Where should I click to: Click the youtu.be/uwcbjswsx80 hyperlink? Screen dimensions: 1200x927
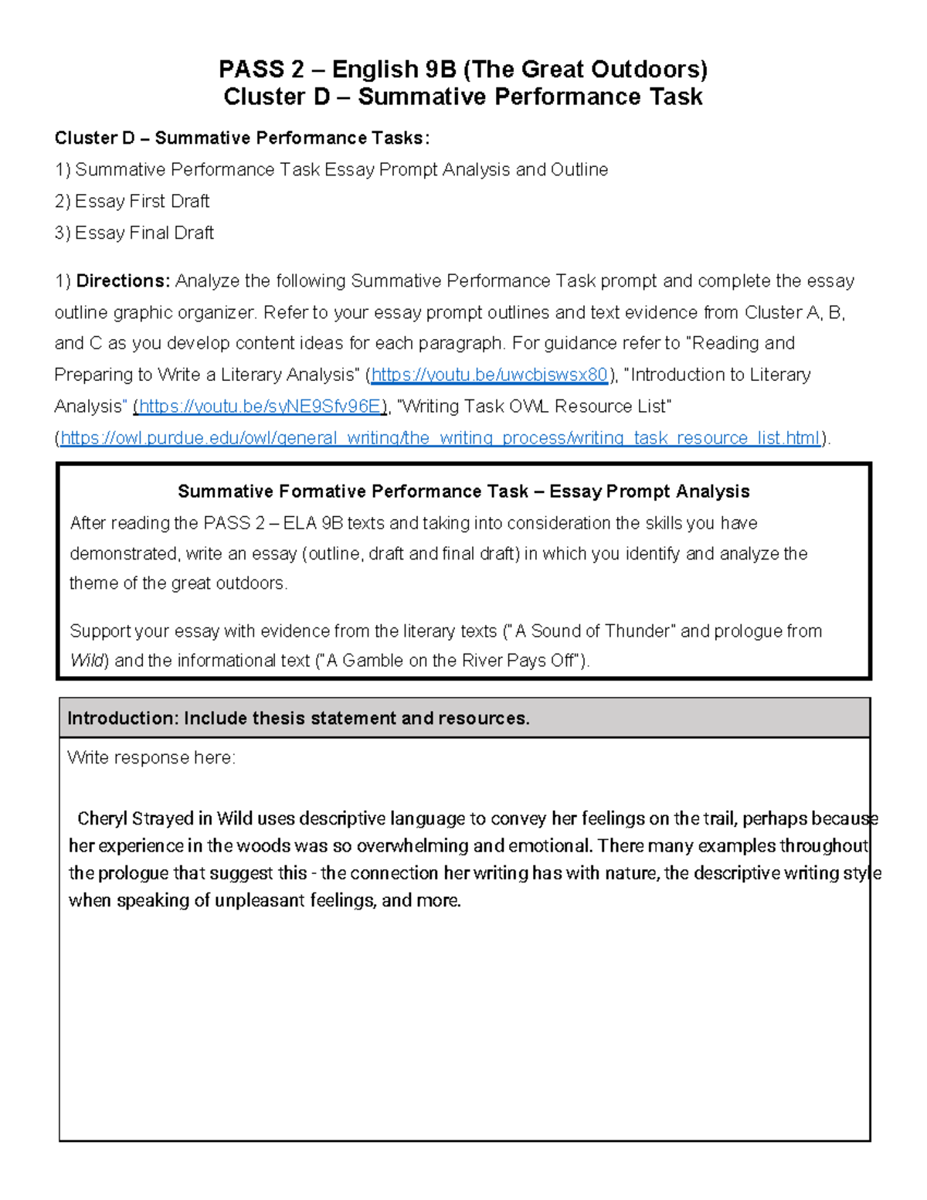pyautogui.click(x=489, y=376)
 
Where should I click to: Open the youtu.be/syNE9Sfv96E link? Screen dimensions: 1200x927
pyautogui.click(x=260, y=406)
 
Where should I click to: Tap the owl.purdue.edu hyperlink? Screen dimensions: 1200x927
pyautogui.click(x=440, y=438)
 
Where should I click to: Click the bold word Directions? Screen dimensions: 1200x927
pyautogui.click(x=123, y=281)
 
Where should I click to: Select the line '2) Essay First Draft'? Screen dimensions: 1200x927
pyautogui.click(x=132, y=202)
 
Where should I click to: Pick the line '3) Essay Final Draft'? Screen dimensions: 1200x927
pyautogui.click(x=134, y=233)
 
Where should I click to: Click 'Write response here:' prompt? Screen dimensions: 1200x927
pyautogui.click(x=151, y=758)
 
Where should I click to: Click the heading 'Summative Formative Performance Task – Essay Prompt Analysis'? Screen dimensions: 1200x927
pyautogui.click(x=463, y=492)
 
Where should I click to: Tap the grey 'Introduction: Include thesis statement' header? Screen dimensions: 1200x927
pyautogui.click(x=299, y=719)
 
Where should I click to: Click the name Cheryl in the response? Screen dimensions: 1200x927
pyautogui.click(x=103, y=819)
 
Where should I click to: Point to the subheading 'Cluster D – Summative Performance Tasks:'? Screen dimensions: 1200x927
pyautogui.click(x=242, y=138)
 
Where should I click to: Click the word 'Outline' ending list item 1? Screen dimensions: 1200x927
pyautogui.click(x=579, y=170)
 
